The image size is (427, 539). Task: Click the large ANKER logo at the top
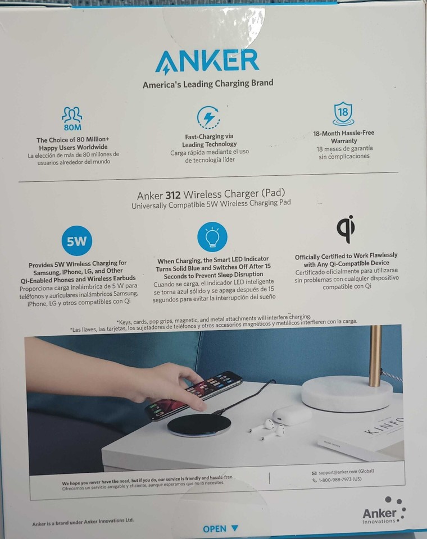207,61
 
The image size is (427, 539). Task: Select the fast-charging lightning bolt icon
208,117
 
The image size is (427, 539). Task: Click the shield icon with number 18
343,113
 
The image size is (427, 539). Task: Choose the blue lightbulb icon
212,237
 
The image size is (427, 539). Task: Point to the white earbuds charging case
292,414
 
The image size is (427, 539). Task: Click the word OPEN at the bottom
215,528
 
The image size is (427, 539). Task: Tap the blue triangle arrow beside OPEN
234,528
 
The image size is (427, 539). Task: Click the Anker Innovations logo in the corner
383,511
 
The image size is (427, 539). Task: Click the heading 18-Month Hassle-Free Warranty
343,137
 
